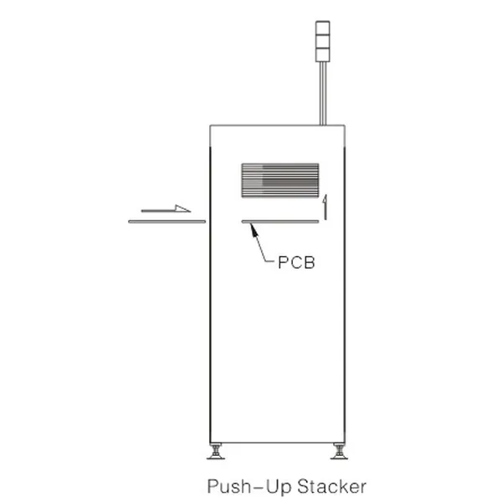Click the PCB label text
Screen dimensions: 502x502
(x=296, y=262)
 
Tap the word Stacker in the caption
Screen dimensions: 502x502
(x=331, y=486)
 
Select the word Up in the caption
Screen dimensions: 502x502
(x=279, y=487)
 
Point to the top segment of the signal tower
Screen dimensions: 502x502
(x=322, y=28)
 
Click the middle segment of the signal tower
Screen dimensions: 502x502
(x=322, y=42)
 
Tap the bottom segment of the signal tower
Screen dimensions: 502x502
(x=322, y=55)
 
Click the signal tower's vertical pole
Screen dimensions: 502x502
(x=323, y=94)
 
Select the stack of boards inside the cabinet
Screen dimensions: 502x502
(x=280, y=180)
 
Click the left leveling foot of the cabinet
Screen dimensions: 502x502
(x=216, y=452)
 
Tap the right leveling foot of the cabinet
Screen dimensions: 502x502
(x=339, y=452)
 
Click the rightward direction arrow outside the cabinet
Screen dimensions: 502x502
(x=166, y=208)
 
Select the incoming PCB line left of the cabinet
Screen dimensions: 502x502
(x=166, y=222)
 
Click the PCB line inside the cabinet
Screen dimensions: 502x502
(x=280, y=221)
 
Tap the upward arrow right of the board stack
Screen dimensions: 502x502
(x=325, y=207)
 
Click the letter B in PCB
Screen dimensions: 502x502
(x=310, y=263)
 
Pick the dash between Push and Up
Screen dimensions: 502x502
(x=259, y=487)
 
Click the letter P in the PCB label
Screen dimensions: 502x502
(x=284, y=263)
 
